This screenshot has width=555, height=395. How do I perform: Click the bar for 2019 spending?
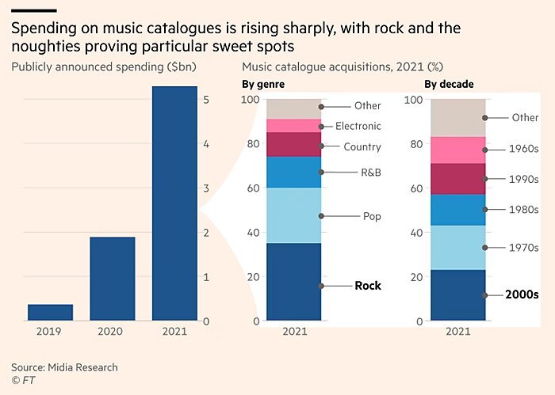point(50,313)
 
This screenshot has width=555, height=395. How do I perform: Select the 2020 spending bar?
point(112,279)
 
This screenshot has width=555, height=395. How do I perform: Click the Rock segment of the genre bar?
point(293,282)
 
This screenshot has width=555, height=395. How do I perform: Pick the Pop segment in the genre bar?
point(293,215)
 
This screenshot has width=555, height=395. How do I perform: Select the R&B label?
point(372,171)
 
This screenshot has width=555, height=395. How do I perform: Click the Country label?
point(362,146)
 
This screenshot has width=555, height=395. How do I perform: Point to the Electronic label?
point(358,126)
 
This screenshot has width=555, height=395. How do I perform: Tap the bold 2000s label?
point(522,294)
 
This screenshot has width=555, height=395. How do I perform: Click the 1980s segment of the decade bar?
point(457,210)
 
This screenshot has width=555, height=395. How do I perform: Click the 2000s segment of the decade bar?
point(457,295)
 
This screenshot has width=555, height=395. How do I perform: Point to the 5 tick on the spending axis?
point(206,101)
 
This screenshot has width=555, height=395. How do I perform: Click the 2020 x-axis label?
point(112,333)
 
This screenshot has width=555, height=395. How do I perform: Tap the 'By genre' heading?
point(264,84)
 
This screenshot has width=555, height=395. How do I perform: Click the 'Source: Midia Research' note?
point(64,367)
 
